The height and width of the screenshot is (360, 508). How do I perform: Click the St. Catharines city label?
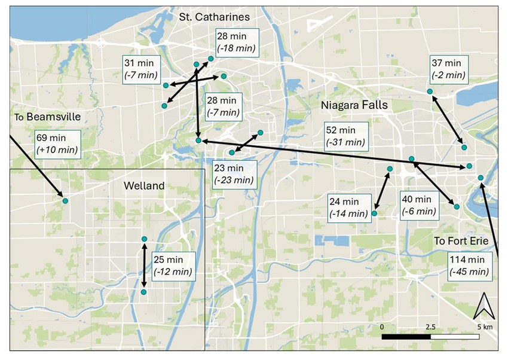(214, 17)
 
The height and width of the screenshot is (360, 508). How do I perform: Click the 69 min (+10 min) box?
(57, 144)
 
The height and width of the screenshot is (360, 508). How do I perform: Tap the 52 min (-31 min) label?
(345, 136)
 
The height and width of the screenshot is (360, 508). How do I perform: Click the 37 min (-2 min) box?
(448, 69)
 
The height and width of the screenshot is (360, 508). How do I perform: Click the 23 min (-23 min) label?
(234, 174)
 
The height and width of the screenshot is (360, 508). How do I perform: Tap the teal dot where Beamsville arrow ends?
(65, 201)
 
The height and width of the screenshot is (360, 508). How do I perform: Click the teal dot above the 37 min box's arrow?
(430, 91)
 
